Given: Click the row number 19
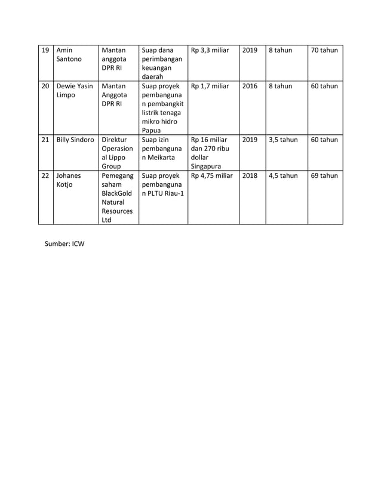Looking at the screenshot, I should (x=45, y=50).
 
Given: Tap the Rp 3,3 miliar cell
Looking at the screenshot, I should (x=210, y=50).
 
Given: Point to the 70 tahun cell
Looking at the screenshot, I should (x=324, y=50).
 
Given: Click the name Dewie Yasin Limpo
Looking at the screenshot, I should (x=75, y=91).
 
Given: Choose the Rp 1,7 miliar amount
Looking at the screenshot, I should (x=210, y=86).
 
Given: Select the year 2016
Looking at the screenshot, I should (x=250, y=86).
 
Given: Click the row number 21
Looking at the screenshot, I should (x=45, y=140).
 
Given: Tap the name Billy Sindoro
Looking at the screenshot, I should (x=75, y=140).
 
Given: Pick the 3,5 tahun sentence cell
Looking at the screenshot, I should (x=283, y=140).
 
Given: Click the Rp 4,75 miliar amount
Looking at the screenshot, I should (x=212, y=175).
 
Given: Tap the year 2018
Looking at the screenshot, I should (x=250, y=175).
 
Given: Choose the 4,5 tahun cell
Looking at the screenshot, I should (x=283, y=175).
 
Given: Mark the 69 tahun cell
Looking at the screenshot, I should (x=324, y=175).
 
